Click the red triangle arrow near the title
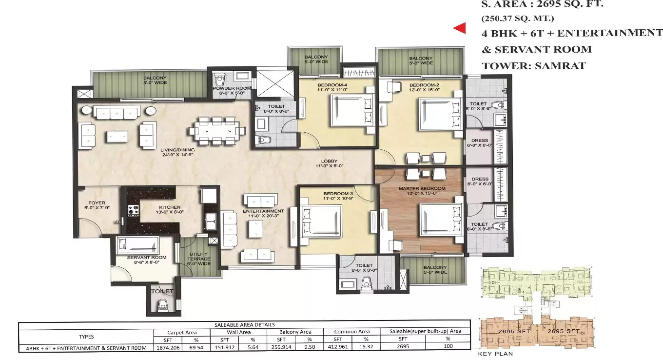tap(459, 29)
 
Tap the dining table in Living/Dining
tap(215, 131)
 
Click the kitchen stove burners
tap(133, 211)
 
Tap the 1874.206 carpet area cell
tap(168, 347)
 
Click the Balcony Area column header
tap(295, 332)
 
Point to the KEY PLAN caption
tap(495, 354)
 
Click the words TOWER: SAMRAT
tap(533, 65)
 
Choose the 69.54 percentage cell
tap(196, 347)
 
